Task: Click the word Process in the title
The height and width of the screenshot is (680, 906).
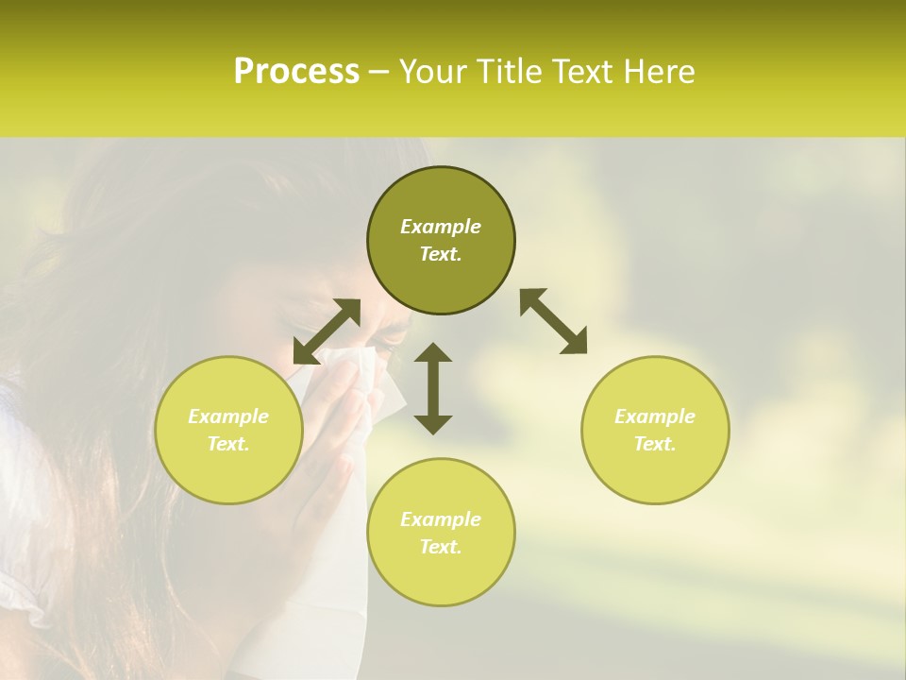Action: [x=296, y=72]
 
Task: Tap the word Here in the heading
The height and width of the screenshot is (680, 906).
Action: [x=660, y=72]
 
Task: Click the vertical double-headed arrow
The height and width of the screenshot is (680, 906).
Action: [x=433, y=388]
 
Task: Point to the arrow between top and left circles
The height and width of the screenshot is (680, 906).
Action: [x=327, y=331]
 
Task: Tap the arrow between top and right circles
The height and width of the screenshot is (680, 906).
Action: [x=553, y=321]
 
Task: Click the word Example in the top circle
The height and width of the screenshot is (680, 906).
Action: [x=441, y=227]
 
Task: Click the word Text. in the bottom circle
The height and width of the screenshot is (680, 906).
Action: [x=441, y=547]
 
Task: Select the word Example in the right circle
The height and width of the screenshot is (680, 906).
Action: [x=655, y=416]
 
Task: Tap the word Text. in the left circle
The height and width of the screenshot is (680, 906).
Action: [x=228, y=444]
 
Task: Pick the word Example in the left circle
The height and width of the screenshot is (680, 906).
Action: [x=228, y=416]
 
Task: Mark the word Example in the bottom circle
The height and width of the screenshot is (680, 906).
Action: [x=441, y=519]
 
